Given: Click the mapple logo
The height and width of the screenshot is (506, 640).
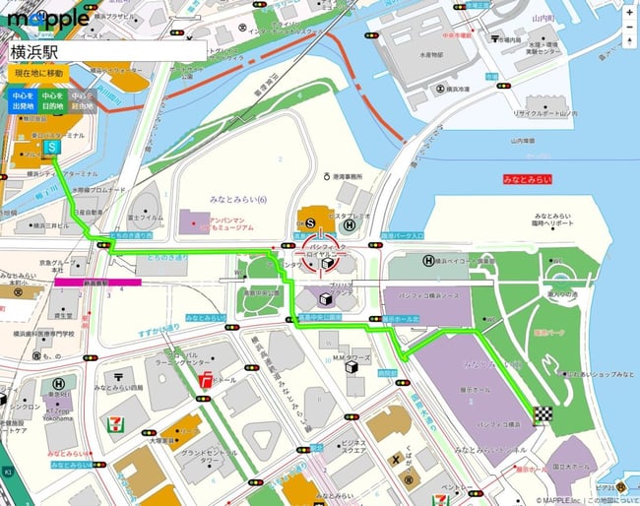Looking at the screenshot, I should (49, 17).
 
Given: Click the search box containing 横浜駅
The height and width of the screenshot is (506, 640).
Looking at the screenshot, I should (106, 51).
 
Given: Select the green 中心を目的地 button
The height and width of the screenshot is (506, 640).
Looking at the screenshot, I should (53, 100).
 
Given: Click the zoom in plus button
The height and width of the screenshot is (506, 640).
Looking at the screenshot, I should (629, 13).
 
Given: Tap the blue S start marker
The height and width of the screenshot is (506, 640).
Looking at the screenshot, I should (51, 147).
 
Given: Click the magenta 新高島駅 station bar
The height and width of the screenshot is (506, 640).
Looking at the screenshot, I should (98, 282).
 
